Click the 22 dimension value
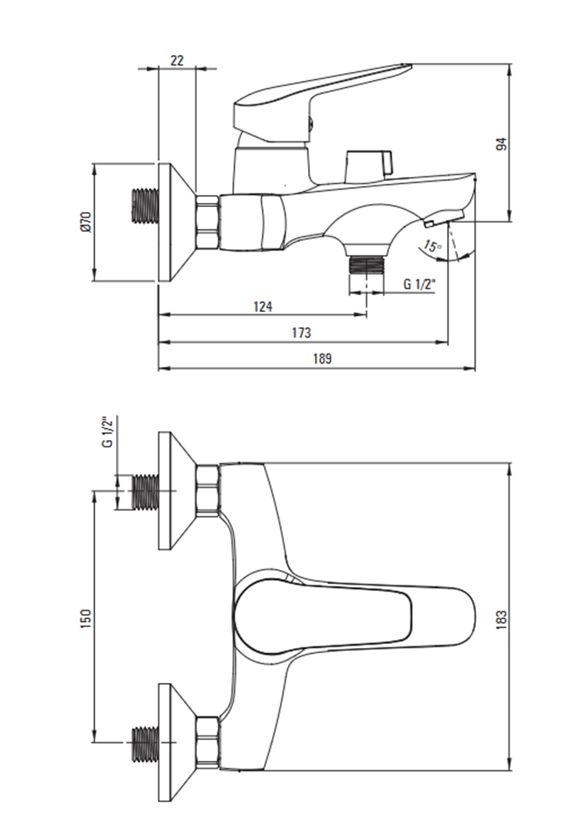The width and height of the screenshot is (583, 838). [178, 60]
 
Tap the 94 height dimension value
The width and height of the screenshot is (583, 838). [503, 144]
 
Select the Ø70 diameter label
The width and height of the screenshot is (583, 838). [85, 222]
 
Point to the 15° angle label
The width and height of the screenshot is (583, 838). [432, 246]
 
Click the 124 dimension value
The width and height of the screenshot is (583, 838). [263, 307]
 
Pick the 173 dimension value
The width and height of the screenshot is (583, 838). [301, 333]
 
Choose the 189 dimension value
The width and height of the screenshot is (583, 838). [322, 359]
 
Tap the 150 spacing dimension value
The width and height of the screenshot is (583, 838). [86, 619]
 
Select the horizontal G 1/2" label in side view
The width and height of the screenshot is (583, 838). [420, 285]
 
